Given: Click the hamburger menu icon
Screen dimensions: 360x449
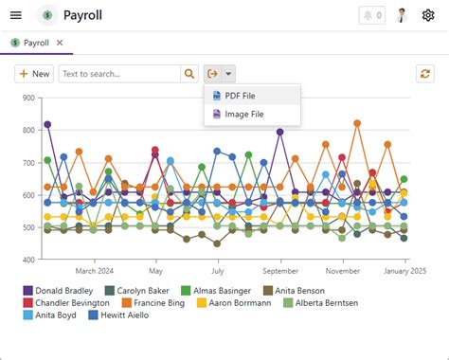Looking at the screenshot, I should pyautogui.click(x=16, y=15).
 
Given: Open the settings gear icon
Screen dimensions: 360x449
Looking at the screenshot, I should pyautogui.click(x=428, y=15).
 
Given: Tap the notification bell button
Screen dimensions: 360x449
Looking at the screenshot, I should pyautogui.click(x=372, y=15).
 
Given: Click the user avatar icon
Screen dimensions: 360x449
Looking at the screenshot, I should pyautogui.click(x=403, y=15).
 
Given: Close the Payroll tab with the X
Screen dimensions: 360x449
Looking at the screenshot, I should pyautogui.click(x=60, y=43).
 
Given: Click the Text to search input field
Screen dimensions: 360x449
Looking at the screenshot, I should pyautogui.click(x=119, y=74).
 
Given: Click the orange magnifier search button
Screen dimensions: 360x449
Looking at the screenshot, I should pyautogui.click(x=189, y=74).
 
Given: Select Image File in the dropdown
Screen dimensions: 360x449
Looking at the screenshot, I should pyautogui.click(x=243, y=114).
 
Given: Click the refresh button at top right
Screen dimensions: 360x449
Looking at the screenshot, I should pyautogui.click(x=425, y=74).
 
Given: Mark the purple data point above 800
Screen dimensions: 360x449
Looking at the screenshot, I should pyautogui.click(x=47, y=125).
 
